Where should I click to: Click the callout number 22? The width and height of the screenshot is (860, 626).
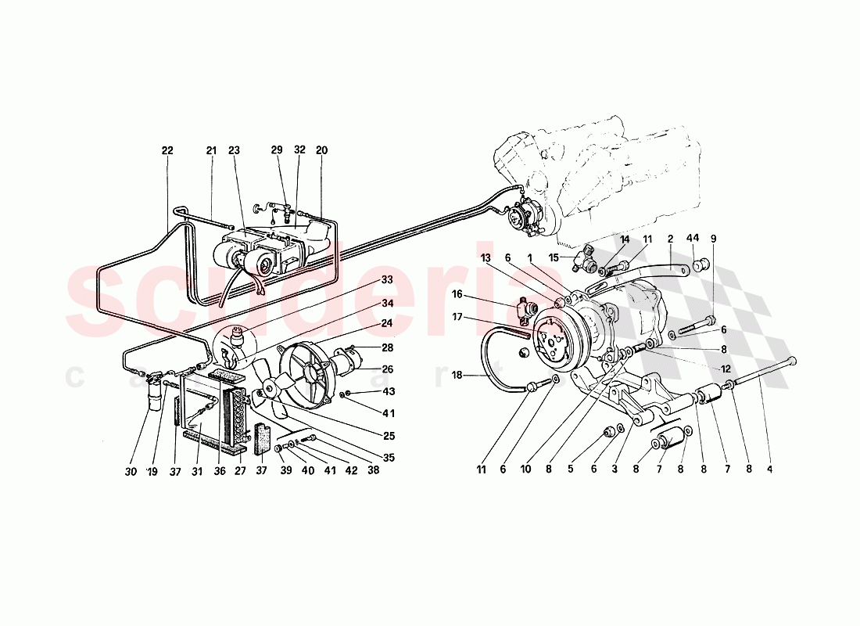tap(167, 150)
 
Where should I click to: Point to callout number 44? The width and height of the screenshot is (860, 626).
tap(692, 238)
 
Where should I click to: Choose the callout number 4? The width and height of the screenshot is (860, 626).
tap(769, 469)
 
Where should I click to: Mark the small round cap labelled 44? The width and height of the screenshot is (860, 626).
tap(701, 263)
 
